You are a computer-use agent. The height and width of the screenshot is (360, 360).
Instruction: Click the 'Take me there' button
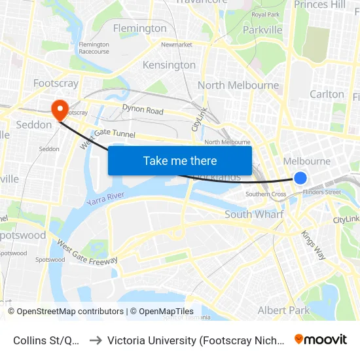coord(180,160)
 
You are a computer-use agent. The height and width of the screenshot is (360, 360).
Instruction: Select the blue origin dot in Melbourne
coord(300,177)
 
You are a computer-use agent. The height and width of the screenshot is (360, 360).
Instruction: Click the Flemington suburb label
coord(139,28)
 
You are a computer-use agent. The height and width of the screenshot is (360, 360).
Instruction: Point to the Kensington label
coord(169,65)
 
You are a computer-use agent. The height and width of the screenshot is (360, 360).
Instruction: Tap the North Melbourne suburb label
coord(238,85)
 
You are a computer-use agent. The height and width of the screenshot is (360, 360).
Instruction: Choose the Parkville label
coord(262,29)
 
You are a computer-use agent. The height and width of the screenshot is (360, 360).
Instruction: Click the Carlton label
coord(327,94)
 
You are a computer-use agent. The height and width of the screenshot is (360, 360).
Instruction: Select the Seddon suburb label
coord(33,124)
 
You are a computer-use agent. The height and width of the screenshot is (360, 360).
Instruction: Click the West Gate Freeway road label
coord(87,251)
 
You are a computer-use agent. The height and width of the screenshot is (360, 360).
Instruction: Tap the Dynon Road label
coord(143,110)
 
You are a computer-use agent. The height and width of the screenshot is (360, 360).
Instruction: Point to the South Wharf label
coord(254,214)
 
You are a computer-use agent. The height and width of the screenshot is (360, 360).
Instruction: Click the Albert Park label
coord(283,310)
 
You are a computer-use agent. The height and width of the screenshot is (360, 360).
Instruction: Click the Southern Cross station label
coord(265,194)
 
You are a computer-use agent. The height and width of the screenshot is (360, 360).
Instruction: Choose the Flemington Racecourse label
coord(94,48)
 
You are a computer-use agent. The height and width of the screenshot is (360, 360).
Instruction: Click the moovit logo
coord(321,340)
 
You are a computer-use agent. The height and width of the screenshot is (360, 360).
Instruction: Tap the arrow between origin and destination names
coord(96,340)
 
